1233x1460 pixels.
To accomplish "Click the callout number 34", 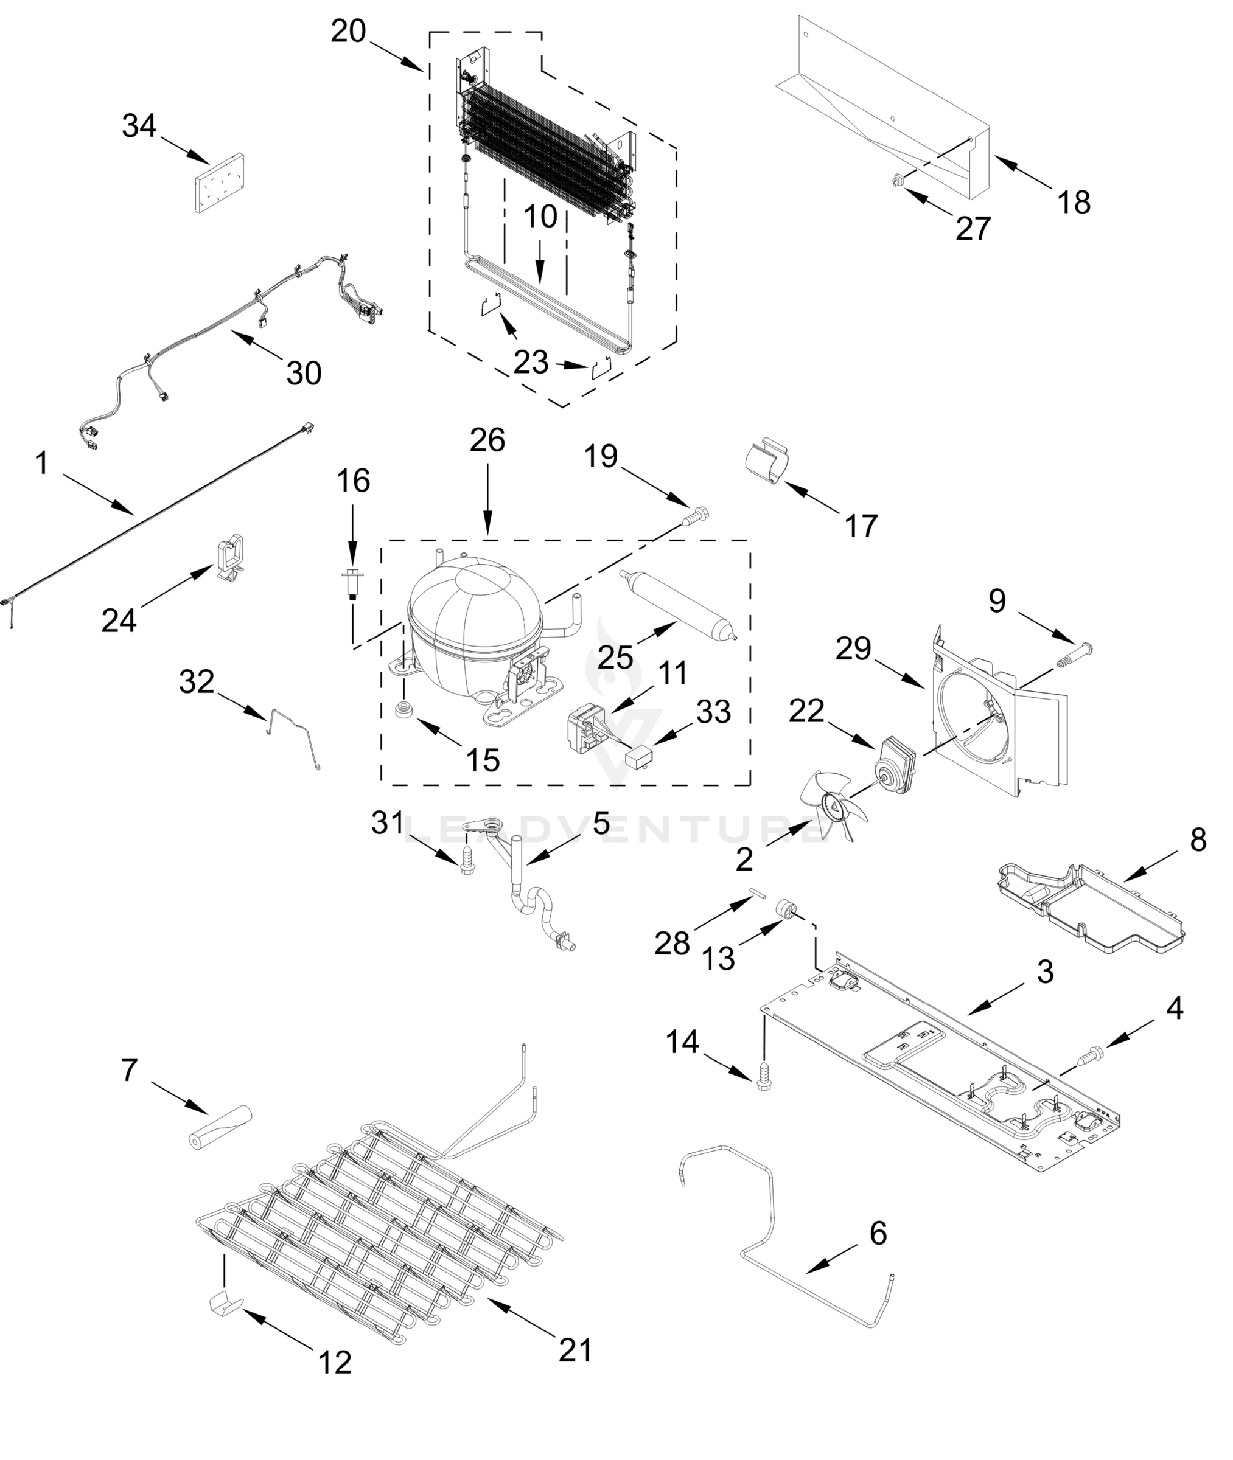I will tap(139, 127).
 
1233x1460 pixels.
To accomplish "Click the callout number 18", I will tap(1074, 203).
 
